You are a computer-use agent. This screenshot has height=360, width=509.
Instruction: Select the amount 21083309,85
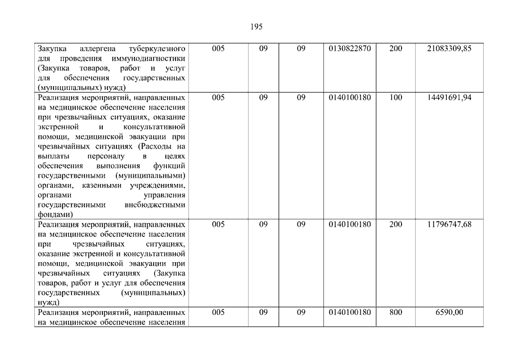449,49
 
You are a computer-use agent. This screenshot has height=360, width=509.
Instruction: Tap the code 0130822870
350,49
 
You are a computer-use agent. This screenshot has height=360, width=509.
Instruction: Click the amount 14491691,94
449,97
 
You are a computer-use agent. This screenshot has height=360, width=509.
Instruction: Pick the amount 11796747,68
449,224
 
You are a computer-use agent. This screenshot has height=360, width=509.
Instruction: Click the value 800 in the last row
395,312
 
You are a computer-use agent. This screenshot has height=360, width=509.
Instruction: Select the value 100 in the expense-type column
395,97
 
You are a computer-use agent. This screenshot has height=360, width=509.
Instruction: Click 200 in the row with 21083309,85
395,49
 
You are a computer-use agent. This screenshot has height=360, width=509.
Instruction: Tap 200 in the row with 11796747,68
395,224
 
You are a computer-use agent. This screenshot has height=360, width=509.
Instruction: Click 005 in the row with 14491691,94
218,97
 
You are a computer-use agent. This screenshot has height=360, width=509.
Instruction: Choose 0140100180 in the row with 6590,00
350,312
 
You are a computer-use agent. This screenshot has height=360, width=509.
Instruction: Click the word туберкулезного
157,49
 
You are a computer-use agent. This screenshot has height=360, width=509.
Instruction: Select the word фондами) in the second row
55,215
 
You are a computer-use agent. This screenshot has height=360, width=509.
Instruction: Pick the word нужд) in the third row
48,303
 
